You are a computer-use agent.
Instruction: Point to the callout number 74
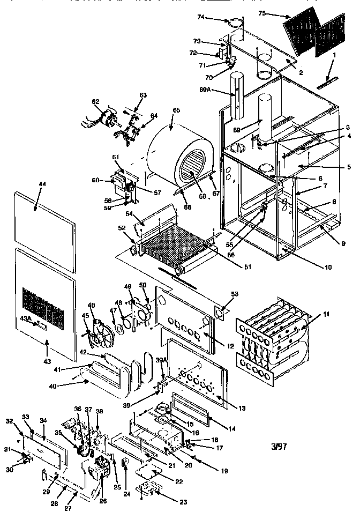215,18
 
